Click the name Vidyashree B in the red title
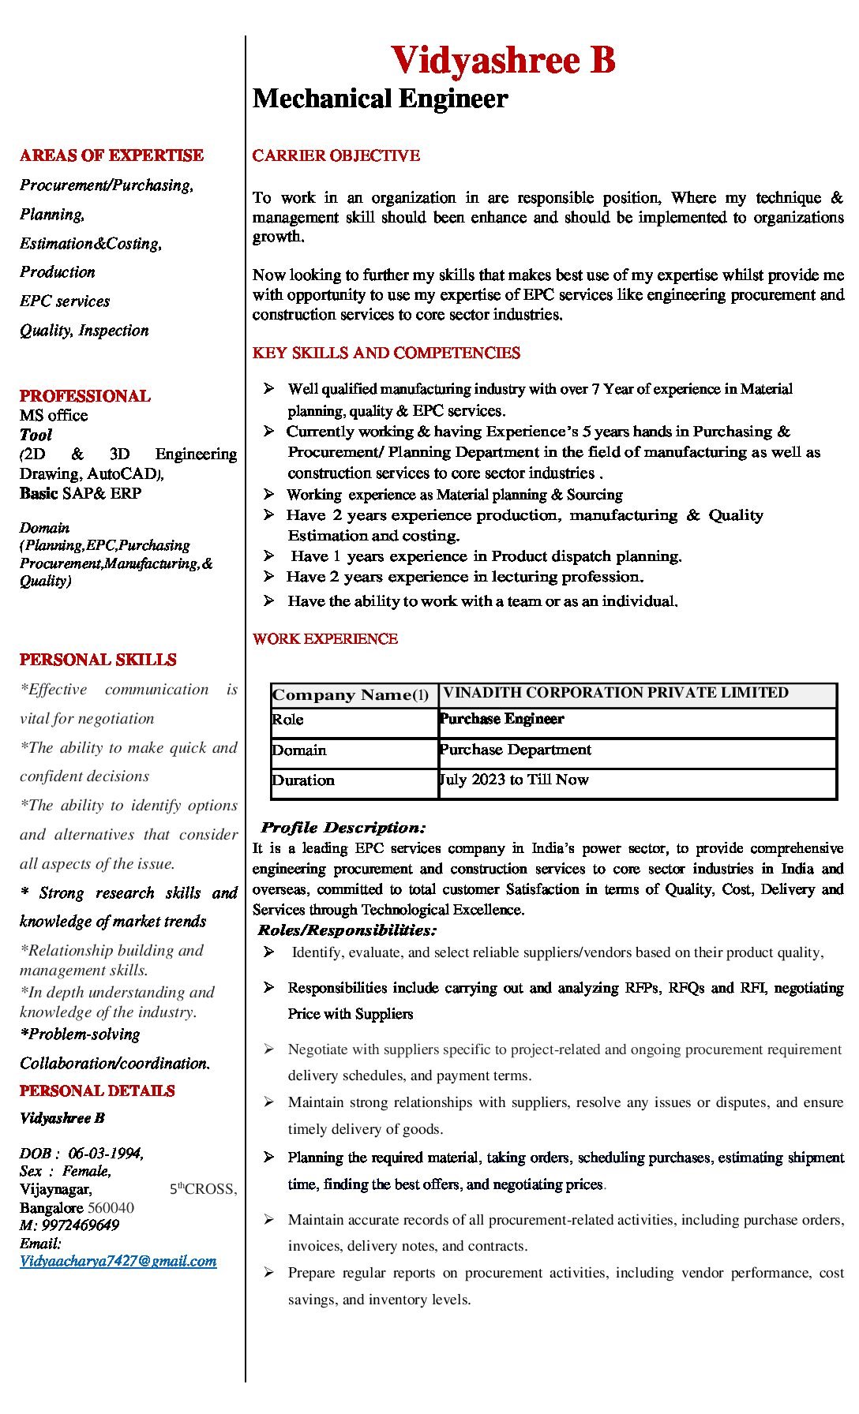[503, 61]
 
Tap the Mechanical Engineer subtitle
[380, 99]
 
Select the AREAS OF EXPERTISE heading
[111, 155]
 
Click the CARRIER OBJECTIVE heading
[336, 155]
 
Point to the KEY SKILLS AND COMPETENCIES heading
[386, 353]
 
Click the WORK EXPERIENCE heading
[324, 639]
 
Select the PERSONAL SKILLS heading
[98, 660]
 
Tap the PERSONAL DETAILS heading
[97, 1091]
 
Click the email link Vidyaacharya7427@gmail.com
[118, 1261]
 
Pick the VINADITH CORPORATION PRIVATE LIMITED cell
[615, 693]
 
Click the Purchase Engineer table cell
[501, 719]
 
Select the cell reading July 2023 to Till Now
[514, 780]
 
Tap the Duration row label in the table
[303, 780]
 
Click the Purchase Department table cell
[515, 750]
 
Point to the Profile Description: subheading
[343, 828]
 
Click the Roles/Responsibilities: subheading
[347, 930]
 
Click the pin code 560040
[111, 1208]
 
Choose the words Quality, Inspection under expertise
[84, 331]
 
